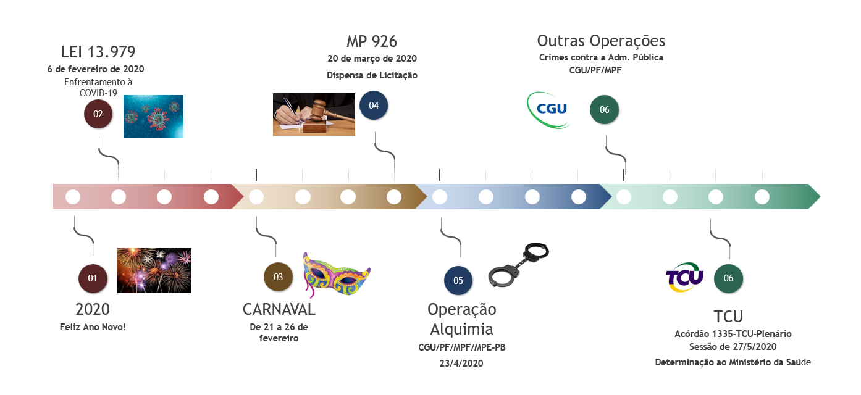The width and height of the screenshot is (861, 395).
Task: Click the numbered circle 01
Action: click(93, 278)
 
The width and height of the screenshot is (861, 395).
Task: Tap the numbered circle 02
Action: click(98, 114)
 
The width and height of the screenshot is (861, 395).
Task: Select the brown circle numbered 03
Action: click(278, 277)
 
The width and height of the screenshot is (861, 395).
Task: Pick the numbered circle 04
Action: click(374, 106)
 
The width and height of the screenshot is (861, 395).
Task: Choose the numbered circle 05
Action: click(458, 281)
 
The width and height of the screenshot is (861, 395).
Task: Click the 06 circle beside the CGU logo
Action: click(604, 110)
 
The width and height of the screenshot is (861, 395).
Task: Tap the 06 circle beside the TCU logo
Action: click(728, 278)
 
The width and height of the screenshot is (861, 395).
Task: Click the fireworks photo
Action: click(154, 270)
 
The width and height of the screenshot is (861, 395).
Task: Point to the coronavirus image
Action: click(153, 116)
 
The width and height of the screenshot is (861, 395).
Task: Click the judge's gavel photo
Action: click(314, 114)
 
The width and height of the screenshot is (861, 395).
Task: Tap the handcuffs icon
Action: click(518, 265)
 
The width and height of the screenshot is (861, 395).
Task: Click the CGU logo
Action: click(548, 110)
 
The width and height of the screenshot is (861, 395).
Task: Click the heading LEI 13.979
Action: click(98, 52)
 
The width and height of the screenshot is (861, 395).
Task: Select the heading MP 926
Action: click(372, 41)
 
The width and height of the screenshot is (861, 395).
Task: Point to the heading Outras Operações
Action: click(601, 41)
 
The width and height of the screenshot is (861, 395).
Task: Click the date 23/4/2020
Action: click(461, 364)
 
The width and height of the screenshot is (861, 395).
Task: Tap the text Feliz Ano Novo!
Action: click(93, 326)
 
